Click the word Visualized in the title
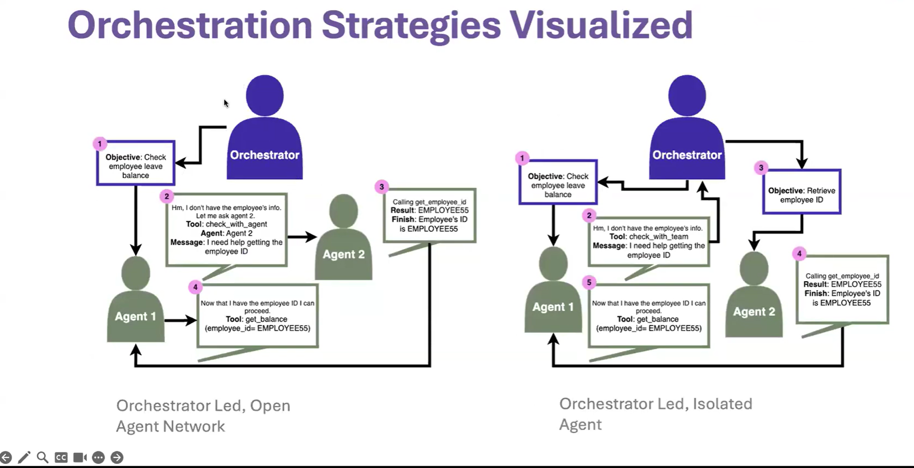point(600,25)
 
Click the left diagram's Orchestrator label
point(265,155)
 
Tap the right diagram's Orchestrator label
point(687,155)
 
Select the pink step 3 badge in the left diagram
point(382,187)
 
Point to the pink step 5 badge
point(589,283)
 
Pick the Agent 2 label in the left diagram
point(343,254)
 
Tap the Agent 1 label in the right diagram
point(553,307)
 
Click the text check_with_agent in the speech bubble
point(236,224)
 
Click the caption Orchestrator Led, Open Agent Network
point(203,416)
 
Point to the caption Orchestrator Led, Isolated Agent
point(655,414)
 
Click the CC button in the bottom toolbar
point(61,457)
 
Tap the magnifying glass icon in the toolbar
point(42,457)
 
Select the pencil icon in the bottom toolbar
point(24,457)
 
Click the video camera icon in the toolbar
point(80,457)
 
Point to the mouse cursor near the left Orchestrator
point(226,103)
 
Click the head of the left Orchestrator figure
point(265,96)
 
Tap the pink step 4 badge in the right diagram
point(799,254)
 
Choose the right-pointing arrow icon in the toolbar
point(117,457)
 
